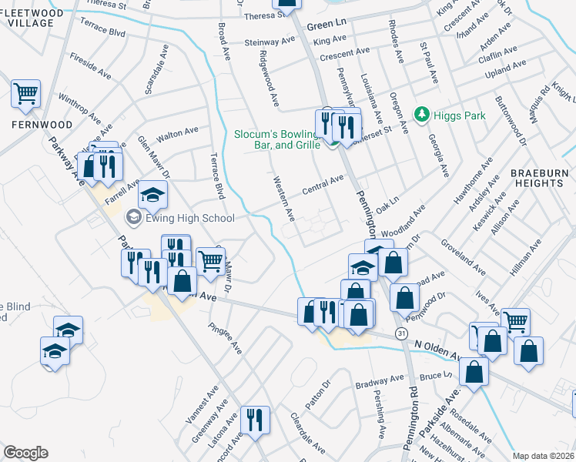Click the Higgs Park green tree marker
(421, 115)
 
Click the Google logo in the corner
(25, 453)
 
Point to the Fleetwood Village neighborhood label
(31, 17)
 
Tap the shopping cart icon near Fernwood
(25, 94)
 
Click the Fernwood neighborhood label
(42, 124)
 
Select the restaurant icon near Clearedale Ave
(255, 420)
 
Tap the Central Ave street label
(323, 185)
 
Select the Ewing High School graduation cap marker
(154, 194)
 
